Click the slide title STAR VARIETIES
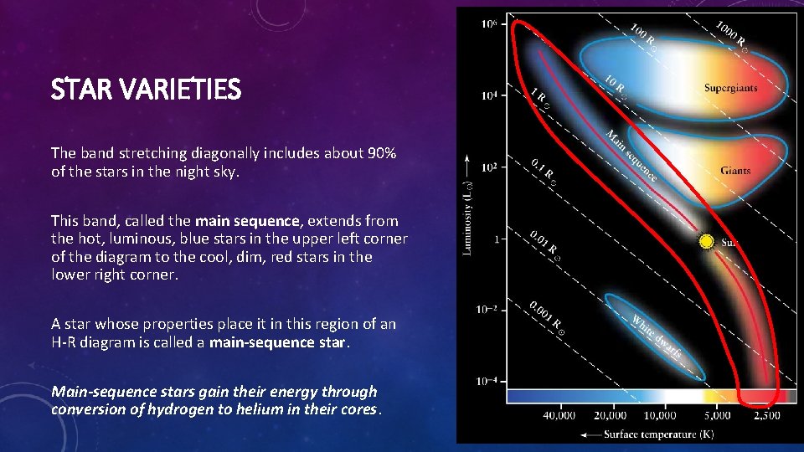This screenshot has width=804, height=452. (146, 89)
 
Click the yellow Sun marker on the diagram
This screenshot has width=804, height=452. (707, 242)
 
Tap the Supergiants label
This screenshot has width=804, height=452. (731, 88)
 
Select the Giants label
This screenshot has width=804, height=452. (735, 171)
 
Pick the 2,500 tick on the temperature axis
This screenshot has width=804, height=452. (766, 415)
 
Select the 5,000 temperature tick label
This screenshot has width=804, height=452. (718, 415)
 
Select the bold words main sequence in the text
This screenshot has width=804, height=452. (247, 221)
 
